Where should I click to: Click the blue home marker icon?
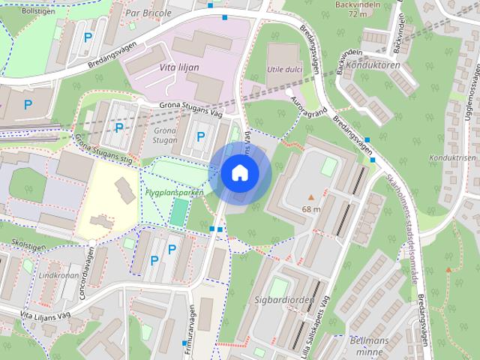[239, 172]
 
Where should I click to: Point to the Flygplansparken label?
[175, 192]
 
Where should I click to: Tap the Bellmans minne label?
[367, 344]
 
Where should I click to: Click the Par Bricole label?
[148, 13]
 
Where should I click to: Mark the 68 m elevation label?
[311, 208]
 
